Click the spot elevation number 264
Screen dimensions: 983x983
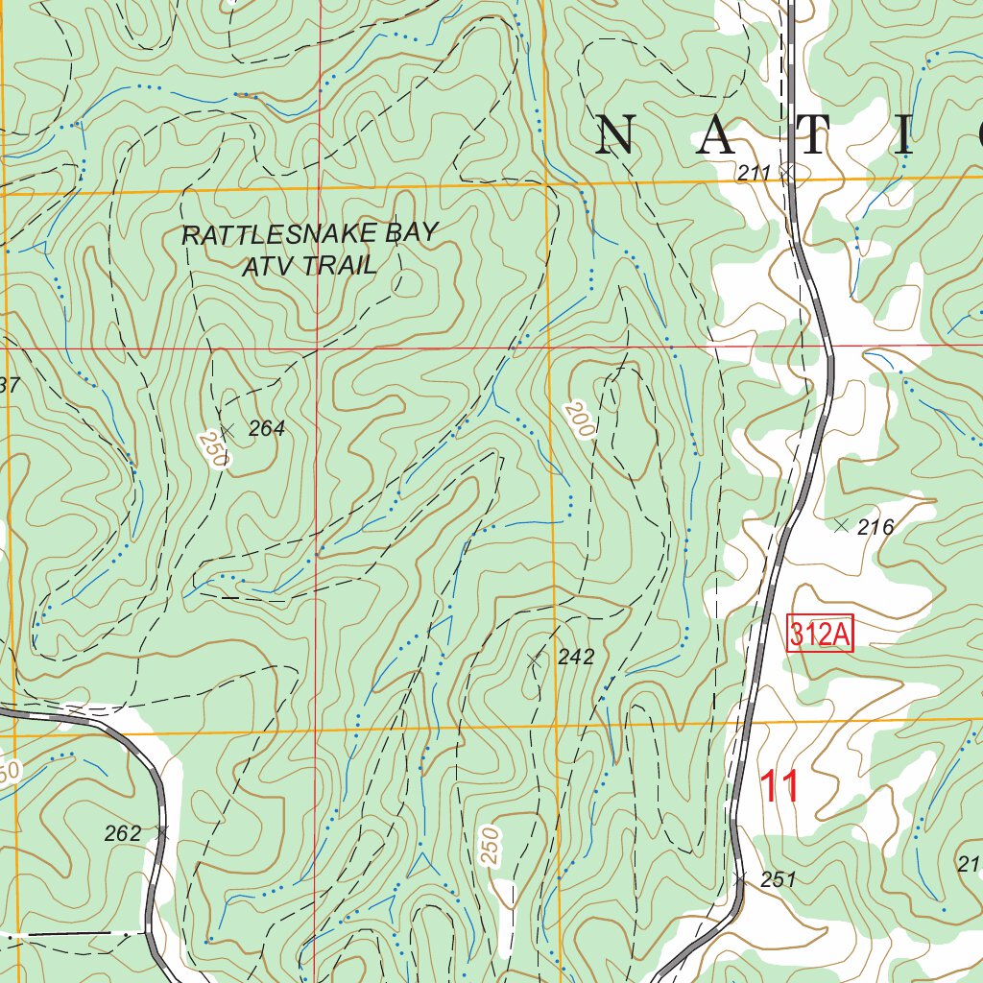267,429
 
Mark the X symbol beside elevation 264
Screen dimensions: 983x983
228,429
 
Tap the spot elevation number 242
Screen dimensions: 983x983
576,658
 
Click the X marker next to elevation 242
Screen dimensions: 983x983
536,659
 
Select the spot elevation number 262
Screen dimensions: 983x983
123,833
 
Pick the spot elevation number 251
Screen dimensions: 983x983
779,879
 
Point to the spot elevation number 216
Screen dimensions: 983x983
875,526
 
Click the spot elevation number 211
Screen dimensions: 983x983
755,173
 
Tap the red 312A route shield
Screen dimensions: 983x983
820,635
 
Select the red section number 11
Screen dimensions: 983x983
779,787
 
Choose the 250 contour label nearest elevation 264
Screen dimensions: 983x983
213,449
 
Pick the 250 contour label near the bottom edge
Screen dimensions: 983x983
491,847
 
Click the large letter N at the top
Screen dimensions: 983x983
616,136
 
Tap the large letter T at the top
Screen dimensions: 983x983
812,136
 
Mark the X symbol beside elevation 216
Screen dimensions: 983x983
842,525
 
